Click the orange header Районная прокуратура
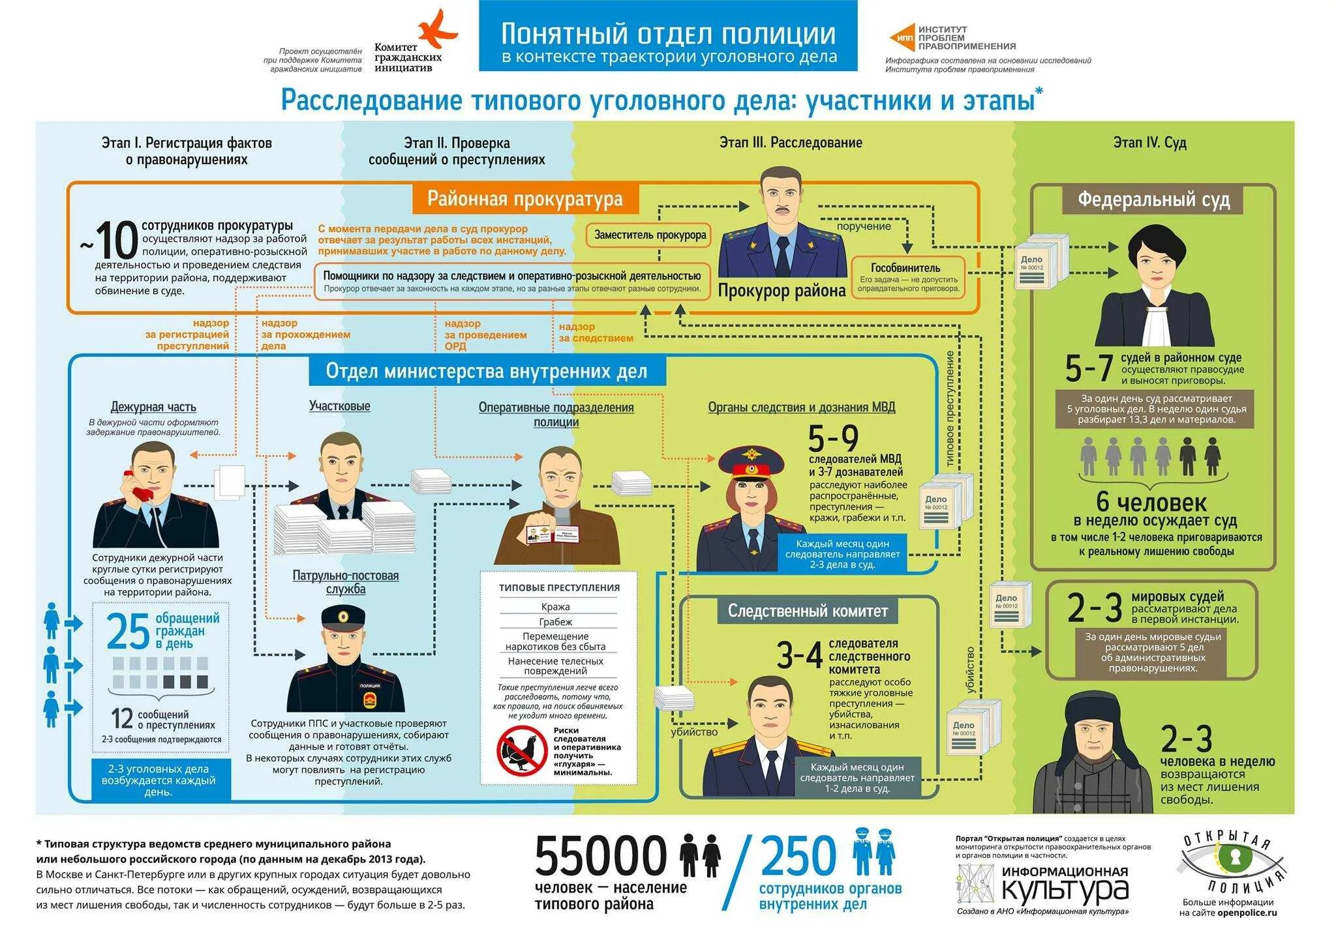pos(524,199)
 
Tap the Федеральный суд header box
pos(1153,199)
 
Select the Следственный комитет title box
pos(808,611)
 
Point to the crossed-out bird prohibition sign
pos(522,750)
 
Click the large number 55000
pos(601,855)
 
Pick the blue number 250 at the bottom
pos(798,855)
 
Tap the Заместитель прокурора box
pos(650,235)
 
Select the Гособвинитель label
pos(905,267)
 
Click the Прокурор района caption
pos(782,291)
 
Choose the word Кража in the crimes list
pos(555,607)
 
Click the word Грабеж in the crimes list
pos(555,622)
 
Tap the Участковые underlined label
pos(339,406)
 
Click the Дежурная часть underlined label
pos(153,407)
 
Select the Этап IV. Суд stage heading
pos(1149,143)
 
